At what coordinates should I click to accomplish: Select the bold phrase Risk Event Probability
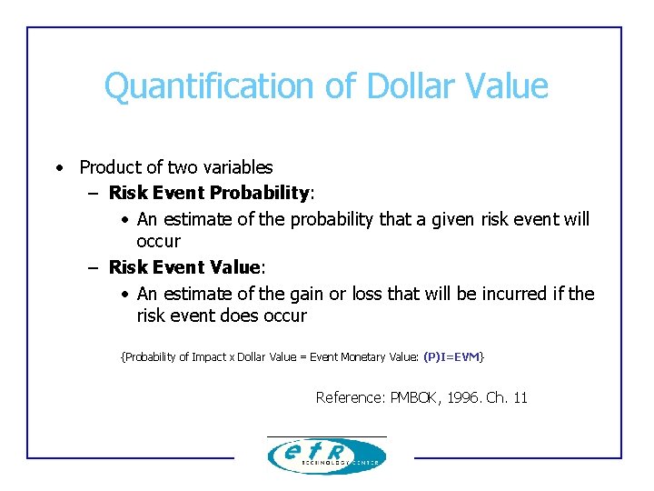tap(209, 193)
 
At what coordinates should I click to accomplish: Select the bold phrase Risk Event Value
tap(184, 267)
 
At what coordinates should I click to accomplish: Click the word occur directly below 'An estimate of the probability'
tap(158, 242)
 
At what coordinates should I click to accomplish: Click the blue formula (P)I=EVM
tap(451, 357)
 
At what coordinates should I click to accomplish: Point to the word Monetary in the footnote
tap(366, 357)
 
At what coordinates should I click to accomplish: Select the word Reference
tap(349, 397)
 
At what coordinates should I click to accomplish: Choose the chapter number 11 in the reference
tap(520, 397)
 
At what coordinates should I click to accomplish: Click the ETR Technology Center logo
tap(326, 455)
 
